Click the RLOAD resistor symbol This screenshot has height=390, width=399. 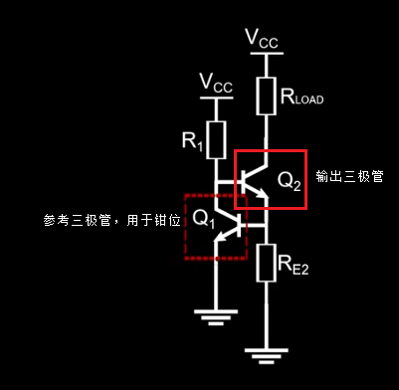[265, 97]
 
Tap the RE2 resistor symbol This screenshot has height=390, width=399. [265, 262]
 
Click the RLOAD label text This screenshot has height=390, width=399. [302, 97]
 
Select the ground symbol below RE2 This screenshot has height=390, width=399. [265, 353]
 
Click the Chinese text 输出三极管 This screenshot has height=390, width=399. [348, 176]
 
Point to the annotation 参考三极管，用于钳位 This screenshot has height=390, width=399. [110, 219]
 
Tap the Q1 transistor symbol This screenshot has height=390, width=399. [235, 219]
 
